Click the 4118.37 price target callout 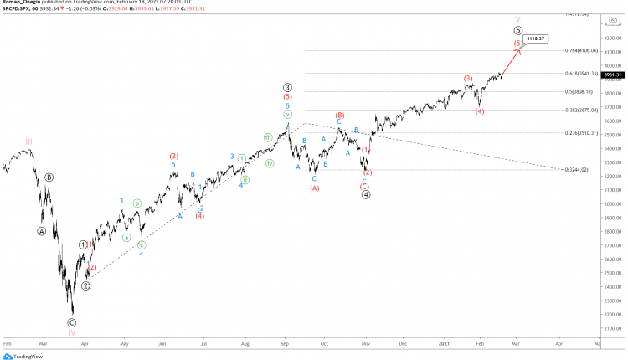[x=536, y=39]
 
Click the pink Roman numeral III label [x=29, y=141]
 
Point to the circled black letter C [x=72, y=323]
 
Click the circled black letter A [x=42, y=231]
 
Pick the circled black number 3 [x=287, y=87]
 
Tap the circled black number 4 [x=366, y=194]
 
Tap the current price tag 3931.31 [x=612, y=75]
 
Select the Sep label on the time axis [x=285, y=343]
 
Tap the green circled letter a [x=126, y=238]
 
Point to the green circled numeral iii [x=268, y=136]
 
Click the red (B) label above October [x=340, y=115]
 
